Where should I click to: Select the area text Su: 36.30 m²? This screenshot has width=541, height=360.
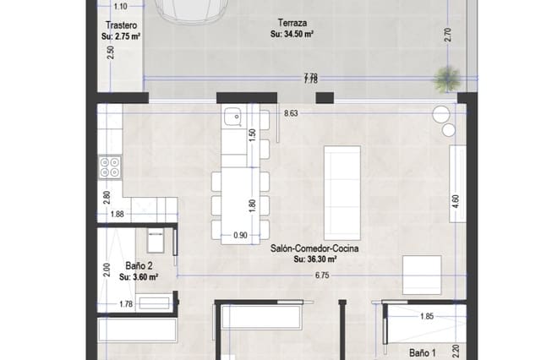[x=315, y=260]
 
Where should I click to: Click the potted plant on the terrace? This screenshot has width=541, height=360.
[x=445, y=80]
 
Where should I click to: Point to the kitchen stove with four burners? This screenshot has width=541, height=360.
[x=110, y=166]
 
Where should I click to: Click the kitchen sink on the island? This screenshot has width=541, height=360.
[x=232, y=117]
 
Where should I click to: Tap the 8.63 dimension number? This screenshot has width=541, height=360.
[x=292, y=112]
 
